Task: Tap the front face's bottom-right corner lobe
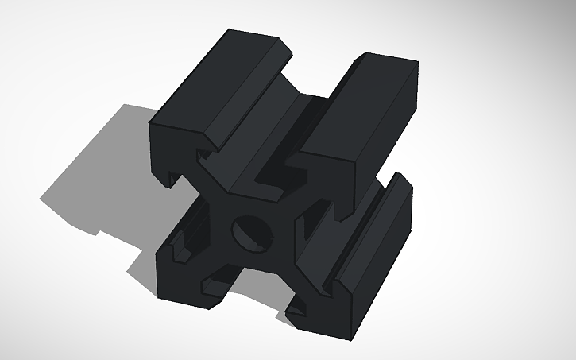pos(318,314)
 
